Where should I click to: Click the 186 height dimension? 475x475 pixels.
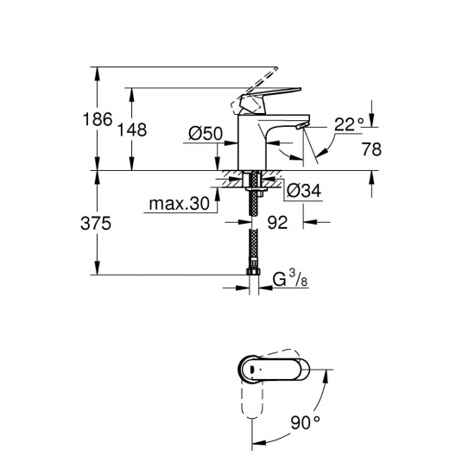pos(98,119)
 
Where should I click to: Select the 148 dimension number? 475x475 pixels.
pos(132,130)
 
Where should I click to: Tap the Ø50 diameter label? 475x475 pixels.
pos(206,134)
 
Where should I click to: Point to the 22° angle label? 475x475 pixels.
pos(349,124)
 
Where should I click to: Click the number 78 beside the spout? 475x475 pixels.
pos(371,149)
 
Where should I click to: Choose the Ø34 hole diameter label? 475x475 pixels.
pos(304,191)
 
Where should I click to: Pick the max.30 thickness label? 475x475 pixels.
pos(180,204)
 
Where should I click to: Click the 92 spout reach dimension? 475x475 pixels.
pos(277,223)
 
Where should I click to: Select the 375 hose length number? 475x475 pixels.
pos(96,224)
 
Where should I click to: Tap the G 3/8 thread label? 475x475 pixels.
pos(290,279)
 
